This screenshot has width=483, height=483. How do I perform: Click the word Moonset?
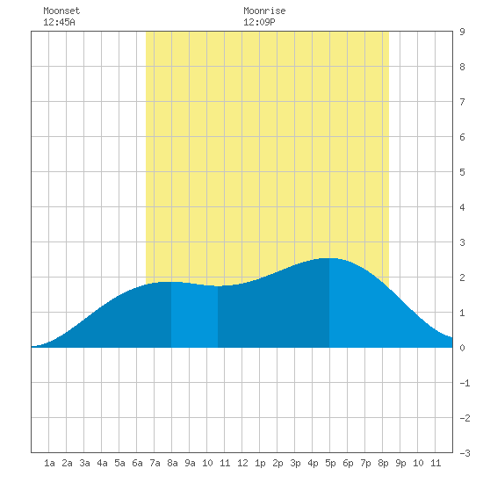(61, 11)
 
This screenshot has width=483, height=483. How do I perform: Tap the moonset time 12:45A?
(59, 22)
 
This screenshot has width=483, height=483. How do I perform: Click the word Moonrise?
(264, 11)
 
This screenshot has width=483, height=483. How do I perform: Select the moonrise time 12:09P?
(259, 22)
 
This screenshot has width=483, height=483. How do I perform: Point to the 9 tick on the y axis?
(462, 32)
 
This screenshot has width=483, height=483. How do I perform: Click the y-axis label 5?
(462, 172)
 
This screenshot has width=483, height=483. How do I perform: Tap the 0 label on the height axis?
(462, 348)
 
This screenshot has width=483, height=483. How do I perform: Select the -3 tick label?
(465, 453)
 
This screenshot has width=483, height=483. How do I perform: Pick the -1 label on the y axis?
(465, 383)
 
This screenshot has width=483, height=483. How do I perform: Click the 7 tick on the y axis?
(462, 102)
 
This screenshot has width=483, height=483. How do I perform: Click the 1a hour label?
(49, 463)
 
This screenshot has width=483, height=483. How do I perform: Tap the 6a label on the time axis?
(137, 463)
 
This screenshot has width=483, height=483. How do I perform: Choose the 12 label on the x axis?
(242, 463)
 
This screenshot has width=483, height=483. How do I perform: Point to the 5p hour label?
(330, 463)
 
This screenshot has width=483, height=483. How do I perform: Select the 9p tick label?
(400, 463)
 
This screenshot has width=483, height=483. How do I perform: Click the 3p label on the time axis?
(295, 463)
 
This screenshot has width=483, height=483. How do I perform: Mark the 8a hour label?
(172, 463)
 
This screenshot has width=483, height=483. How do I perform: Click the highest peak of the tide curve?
(328, 258)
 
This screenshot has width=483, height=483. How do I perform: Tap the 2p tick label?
(278, 463)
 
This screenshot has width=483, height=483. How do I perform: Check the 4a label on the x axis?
(102, 463)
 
